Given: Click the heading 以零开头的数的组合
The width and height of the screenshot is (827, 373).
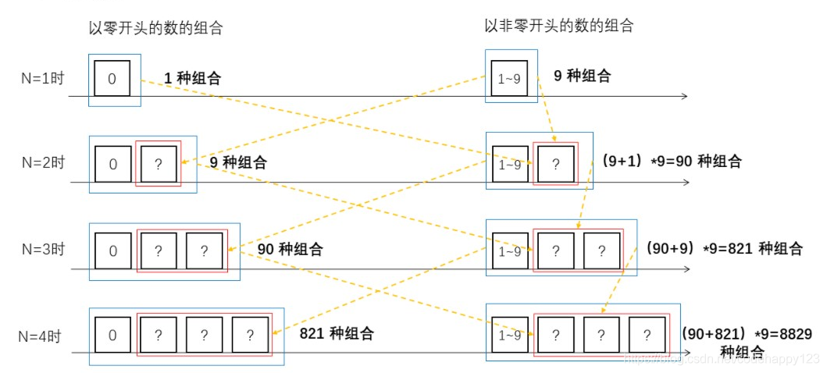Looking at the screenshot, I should tap(156, 29).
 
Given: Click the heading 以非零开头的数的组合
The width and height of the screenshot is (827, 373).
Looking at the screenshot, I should tap(558, 26).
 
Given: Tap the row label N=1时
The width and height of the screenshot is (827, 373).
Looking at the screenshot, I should tap(42, 78).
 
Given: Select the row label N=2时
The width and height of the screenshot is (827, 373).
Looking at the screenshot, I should tap(42, 164).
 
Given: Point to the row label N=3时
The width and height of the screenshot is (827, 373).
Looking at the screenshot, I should tap(42, 250).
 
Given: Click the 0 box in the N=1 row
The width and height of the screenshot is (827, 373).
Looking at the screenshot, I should tap(112, 78).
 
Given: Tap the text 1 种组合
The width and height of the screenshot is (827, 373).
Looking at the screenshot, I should tap(192, 78).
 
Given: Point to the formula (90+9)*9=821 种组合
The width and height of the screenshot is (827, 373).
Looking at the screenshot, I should tap(724, 249).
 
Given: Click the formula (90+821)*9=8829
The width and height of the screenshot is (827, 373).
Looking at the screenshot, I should tap(747, 334).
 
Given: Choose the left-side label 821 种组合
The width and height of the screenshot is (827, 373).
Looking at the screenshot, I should tap(337, 333).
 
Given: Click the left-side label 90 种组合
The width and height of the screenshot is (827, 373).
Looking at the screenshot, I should tap(290, 250).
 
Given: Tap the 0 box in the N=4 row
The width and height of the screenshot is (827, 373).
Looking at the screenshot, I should tap(113, 336).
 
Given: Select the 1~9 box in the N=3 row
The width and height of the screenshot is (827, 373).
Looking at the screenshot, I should tap(510, 251).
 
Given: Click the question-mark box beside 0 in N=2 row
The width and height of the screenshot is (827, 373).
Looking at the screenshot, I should tap(159, 164).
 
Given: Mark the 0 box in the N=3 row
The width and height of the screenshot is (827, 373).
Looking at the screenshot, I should tap(114, 250).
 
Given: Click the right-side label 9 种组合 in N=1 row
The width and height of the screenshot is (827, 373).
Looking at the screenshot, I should tap(582, 76).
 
